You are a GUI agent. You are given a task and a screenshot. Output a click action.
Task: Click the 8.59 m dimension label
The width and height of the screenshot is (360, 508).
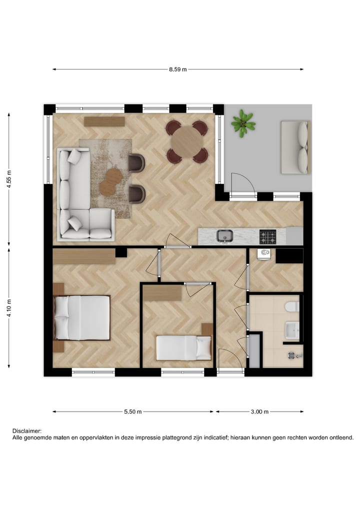tap(177, 70)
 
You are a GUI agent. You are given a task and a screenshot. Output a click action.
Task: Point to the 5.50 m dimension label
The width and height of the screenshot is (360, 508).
tap(133, 412)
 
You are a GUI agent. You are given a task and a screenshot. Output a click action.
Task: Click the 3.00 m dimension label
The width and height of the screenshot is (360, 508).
tap(259, 412)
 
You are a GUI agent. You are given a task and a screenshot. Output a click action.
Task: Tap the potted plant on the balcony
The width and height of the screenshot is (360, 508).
tap(243, 122)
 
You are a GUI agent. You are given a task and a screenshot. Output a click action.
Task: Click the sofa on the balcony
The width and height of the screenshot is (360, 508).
tap(294, 147)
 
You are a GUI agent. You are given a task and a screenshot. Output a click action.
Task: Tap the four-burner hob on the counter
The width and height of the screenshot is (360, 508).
tap(267, 235)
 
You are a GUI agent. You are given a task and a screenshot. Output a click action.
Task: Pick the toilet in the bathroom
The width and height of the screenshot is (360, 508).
tap(291, 306)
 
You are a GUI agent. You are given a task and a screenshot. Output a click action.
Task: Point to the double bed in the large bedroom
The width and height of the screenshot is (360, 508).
tap(82, 318)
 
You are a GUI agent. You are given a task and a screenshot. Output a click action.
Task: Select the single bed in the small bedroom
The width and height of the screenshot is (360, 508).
tap(183, 347)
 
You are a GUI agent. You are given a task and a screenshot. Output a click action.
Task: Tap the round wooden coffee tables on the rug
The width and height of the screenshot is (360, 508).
tap(110, 182)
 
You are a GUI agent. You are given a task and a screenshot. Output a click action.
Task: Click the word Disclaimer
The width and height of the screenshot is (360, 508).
tap(27, 431)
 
